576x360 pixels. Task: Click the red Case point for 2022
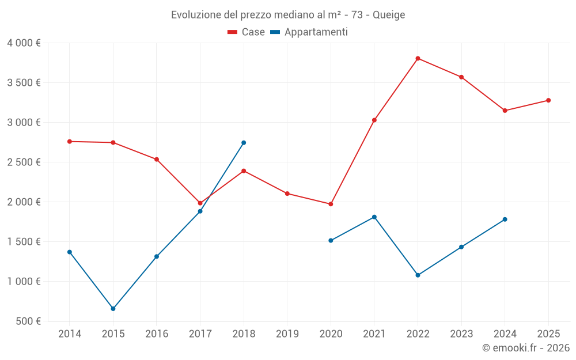coord(418,58)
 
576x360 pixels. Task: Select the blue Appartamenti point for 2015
coord(113,309)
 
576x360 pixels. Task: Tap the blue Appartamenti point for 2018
coord(244,143)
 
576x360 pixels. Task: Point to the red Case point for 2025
coord(548,100)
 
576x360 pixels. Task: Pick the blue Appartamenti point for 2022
coord(418,275)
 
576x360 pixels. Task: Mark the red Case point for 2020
coord(331,204)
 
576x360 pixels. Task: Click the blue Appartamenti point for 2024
coord(505,219)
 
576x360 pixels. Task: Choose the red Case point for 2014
coord(70,141)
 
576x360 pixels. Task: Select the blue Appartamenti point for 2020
coord(331,240)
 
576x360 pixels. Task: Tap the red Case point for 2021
coord(374,120)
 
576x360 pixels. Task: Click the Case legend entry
coord(247,32)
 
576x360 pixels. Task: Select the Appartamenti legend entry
coord(309,32)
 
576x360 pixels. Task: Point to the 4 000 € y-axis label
coord(24,43)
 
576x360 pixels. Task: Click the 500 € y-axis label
coord(29,321)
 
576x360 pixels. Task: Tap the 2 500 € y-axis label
coord(24,162)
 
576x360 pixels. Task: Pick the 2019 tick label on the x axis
coord(287,334)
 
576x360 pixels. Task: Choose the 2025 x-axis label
coord(548,334)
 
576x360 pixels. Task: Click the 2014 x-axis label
coord(70,334)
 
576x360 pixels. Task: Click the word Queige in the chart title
coord(389,14)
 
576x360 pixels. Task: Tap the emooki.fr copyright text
coord(526,348)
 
